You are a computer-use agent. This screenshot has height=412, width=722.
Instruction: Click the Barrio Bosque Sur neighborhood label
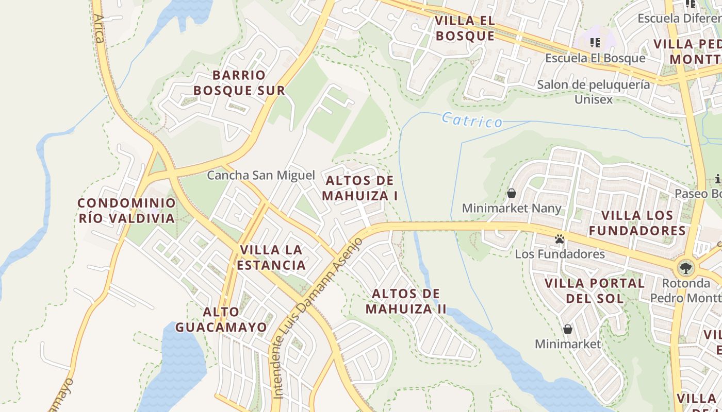tap(239, 83)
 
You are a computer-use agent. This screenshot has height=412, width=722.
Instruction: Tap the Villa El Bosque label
tap(465, 28)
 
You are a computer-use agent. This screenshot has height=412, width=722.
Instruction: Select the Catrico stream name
tap(472, 121)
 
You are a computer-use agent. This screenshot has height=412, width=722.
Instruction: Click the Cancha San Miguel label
tap(260, 175)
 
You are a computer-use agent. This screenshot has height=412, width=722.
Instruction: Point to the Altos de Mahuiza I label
tap(360, 188)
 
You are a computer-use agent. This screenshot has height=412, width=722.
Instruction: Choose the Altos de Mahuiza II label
tap(406, 301)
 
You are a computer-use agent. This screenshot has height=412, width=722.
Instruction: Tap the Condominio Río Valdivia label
tap(127, 211)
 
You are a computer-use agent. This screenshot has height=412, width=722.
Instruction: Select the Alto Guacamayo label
tap(221, 319)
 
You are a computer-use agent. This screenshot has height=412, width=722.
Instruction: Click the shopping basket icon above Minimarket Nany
tap(512, 193)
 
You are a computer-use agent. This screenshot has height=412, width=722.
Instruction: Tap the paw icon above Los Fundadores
tap(560, 239)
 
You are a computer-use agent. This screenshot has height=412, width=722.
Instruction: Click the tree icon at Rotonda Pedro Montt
tap(685, 267)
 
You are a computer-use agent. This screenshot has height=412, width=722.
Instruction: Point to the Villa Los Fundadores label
tap(637, 222)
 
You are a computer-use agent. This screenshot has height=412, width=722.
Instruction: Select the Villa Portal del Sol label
tap(595, 290)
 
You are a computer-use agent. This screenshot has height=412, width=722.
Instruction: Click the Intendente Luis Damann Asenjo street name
tap(316, 319)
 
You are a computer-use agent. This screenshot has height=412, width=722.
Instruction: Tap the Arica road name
tap(99, 28)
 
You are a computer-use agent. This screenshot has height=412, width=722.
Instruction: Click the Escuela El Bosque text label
tap(595, 58)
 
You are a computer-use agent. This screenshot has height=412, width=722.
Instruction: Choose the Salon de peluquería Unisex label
tap(594, 91)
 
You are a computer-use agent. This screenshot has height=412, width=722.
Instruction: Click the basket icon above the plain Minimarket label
tap(568, 329)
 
